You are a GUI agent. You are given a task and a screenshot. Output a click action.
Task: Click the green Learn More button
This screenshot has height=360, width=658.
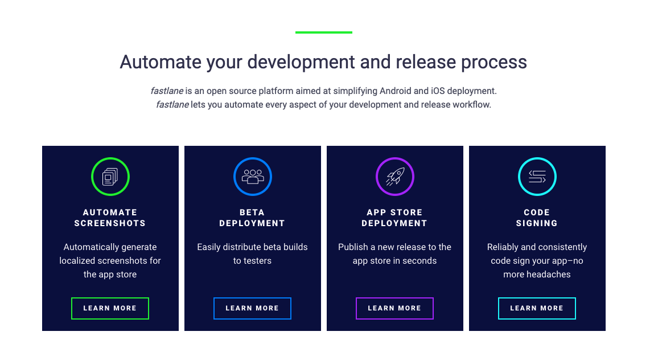pos(110,308)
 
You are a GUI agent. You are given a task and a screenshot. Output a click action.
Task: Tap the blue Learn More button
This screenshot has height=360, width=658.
pos(252,308)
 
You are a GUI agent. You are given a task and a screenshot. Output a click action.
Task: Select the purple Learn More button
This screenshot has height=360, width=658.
pos(394,308)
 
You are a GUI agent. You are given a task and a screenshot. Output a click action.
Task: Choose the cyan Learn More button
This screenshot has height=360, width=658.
pos(537,308)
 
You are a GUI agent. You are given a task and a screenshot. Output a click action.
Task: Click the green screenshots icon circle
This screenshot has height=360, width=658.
pos(110,177)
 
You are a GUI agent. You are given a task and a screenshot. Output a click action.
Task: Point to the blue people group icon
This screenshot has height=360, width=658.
pos(253,177)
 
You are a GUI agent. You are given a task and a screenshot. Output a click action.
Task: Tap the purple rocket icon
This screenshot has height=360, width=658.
pos(395,177)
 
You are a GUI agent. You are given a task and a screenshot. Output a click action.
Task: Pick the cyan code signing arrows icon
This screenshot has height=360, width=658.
pos(537,177)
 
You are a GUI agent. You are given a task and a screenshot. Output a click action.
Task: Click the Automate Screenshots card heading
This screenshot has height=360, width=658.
pos(110,218)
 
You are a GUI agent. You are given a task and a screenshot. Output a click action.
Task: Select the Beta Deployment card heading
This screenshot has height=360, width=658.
pos(252,218)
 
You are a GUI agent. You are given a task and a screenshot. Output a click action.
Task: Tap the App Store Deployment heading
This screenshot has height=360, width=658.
pos(394,218)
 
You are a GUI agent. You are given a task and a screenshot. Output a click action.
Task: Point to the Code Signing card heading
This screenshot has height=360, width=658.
pos(537,218)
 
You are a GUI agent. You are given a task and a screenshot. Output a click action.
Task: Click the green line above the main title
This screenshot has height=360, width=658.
pos(323,32)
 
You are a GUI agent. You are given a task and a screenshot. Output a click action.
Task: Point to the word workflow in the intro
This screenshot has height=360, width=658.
pos(470,105)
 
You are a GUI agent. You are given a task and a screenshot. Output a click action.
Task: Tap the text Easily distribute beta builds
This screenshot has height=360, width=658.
pos(252,247)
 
